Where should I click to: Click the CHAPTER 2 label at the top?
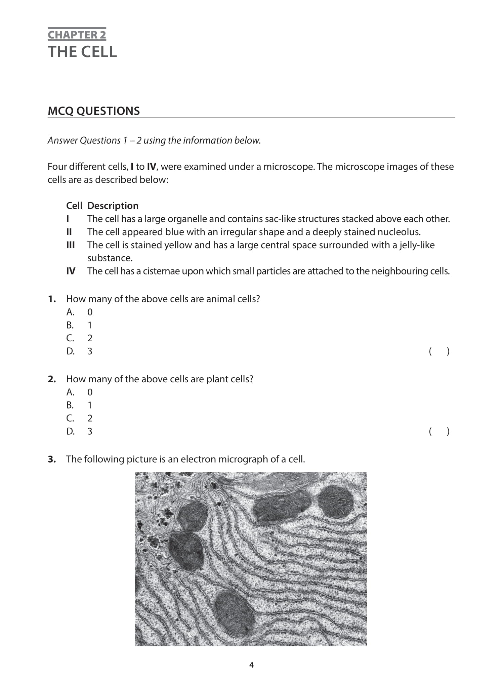pyautogui.click(x=77, y=35)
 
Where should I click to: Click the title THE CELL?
pyautogui.click(x=82, y=52)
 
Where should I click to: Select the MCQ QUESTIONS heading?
pyautogui.click(x=94, y=111)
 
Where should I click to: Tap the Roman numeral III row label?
pyautogui.click(x=71, y=245)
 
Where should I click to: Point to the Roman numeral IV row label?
pyautogui.click(x=71, y=271)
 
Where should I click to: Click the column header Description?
pyautogui.click(x=113, y=206)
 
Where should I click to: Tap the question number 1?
pyautogui.click(x=51, y=299)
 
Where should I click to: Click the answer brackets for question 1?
pyautogui.click(x=439, y=351)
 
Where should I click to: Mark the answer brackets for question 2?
pyautogui.click(x=439, y=431)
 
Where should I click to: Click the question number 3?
pyautogui.click(x=51, y=459)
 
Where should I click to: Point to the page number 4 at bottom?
pyautogui.click(x=251, y=665)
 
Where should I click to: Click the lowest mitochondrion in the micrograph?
pyautogui.click(x=234, y=613)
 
